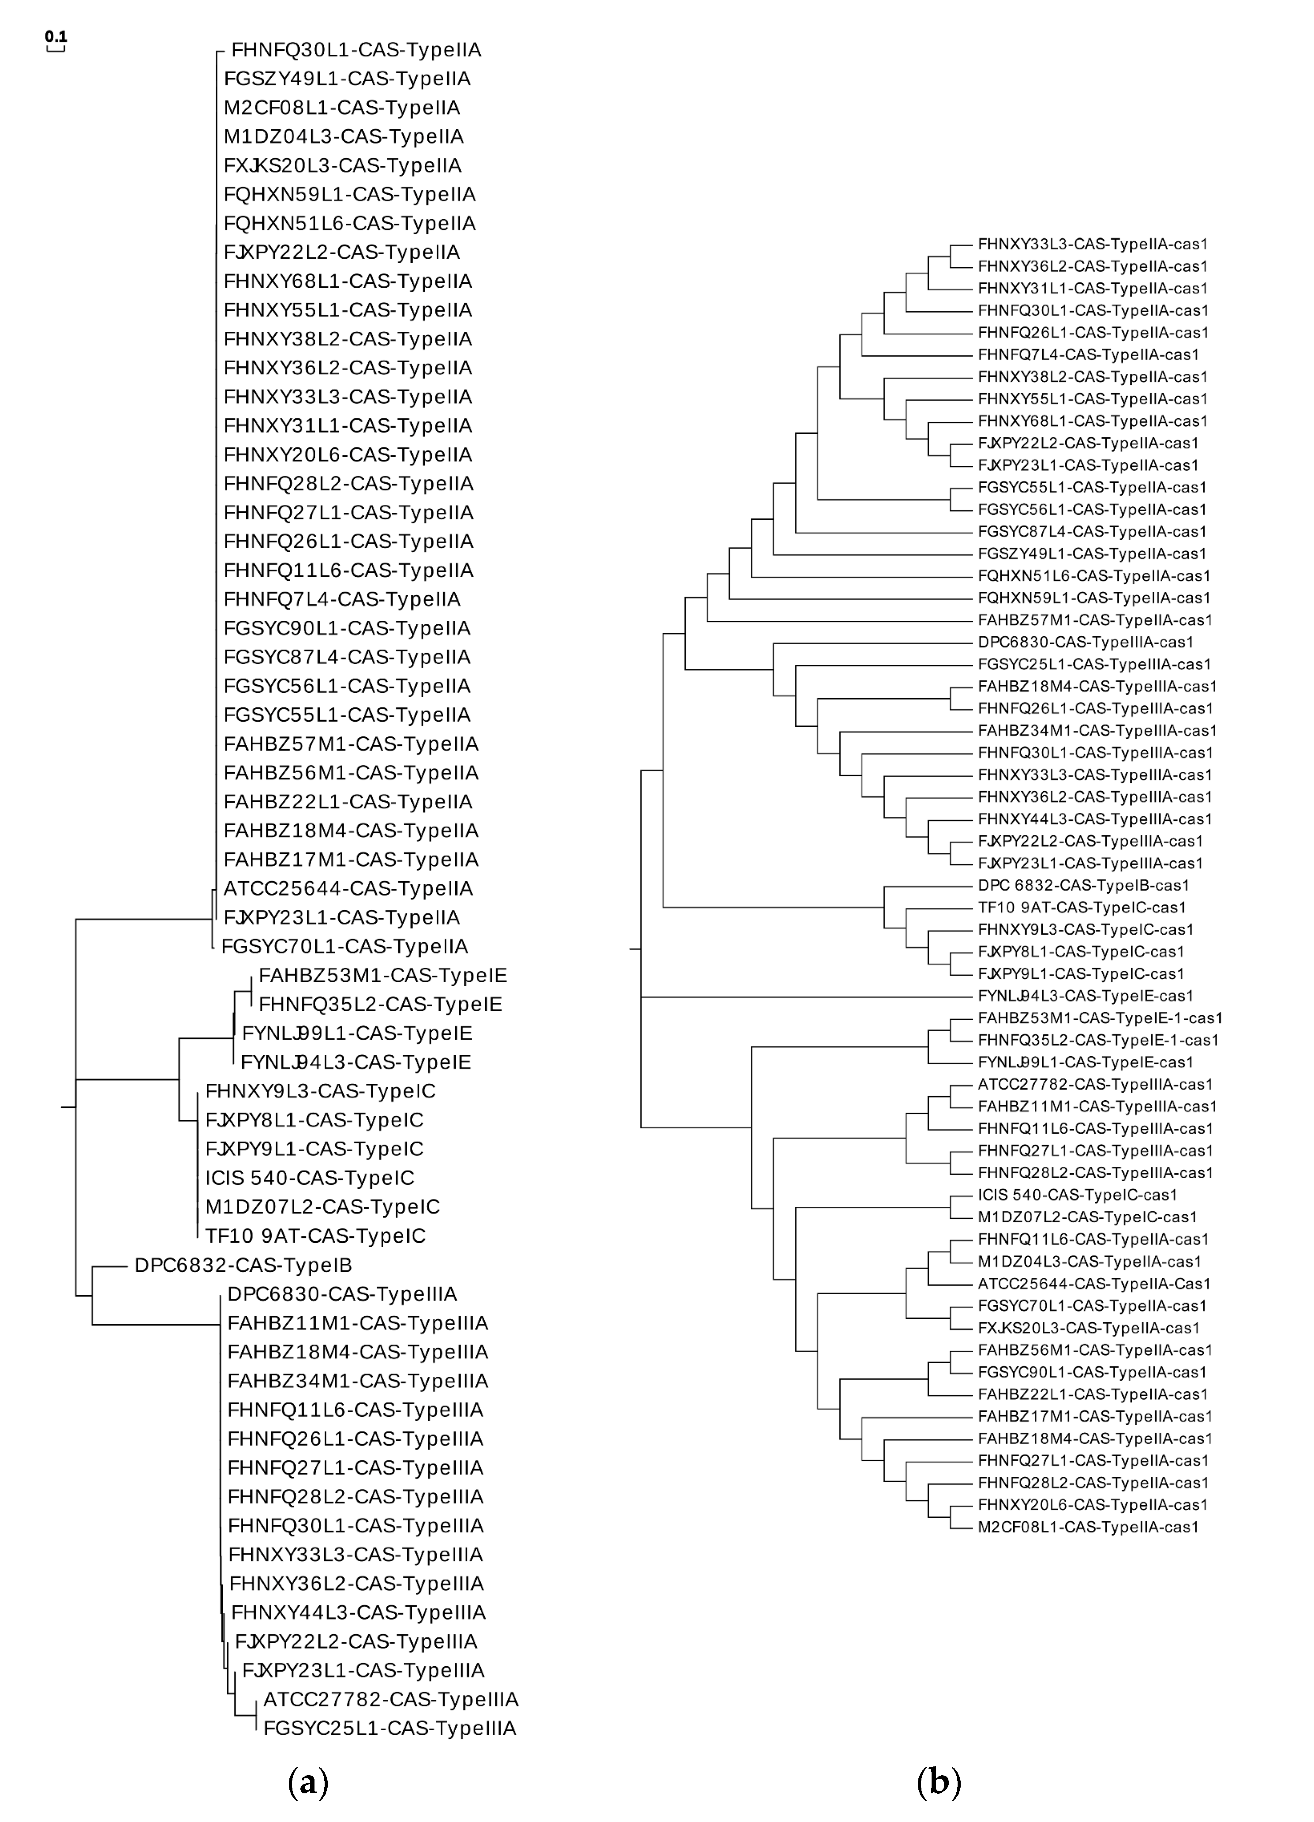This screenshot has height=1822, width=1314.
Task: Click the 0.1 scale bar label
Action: coord(56,36)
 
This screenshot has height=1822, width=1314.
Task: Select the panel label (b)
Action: coord(938,1782)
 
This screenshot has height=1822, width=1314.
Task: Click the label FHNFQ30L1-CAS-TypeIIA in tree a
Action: coord(356,50)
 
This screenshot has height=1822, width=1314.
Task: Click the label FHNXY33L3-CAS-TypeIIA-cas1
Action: coord(1092,244)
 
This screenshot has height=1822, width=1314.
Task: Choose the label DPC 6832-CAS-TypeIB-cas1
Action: coord(1083,885)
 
